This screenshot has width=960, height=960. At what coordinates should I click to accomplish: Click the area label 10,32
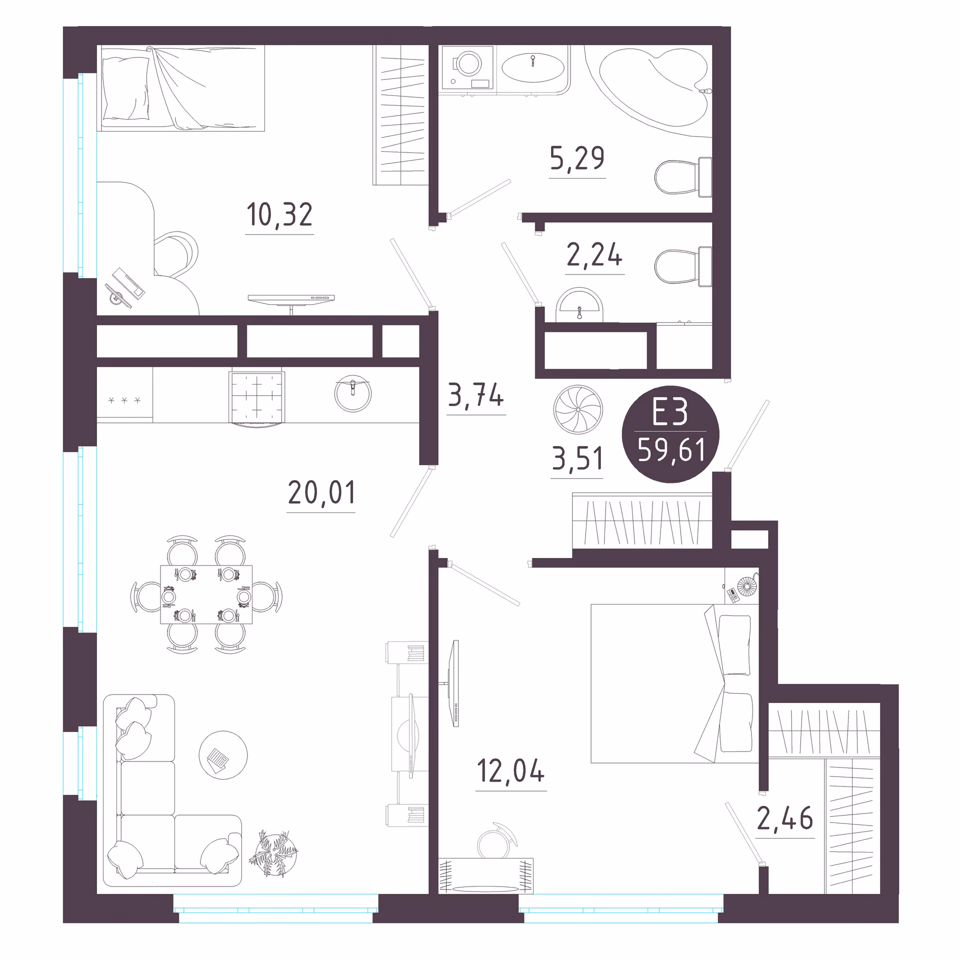point(279,214)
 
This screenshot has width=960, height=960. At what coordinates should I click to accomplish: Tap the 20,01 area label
point(321,492)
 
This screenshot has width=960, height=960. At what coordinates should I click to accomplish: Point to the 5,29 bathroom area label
point(577,158)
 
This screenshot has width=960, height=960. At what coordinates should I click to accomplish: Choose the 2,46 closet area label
point(785,818)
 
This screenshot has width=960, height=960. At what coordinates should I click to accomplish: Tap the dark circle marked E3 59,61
point(670,434)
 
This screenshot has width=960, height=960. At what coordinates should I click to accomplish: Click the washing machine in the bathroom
point(467,68)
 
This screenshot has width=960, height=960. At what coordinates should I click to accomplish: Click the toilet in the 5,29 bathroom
point(683,177)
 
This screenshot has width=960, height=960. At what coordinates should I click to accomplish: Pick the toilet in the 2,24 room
point(683,266)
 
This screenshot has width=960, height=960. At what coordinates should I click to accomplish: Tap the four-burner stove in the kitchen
point(257,398)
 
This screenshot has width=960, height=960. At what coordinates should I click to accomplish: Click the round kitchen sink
point(353,394)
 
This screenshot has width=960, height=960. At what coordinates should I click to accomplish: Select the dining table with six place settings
point(206,594)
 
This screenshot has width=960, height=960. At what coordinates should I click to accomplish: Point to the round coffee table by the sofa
point(223,754)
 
